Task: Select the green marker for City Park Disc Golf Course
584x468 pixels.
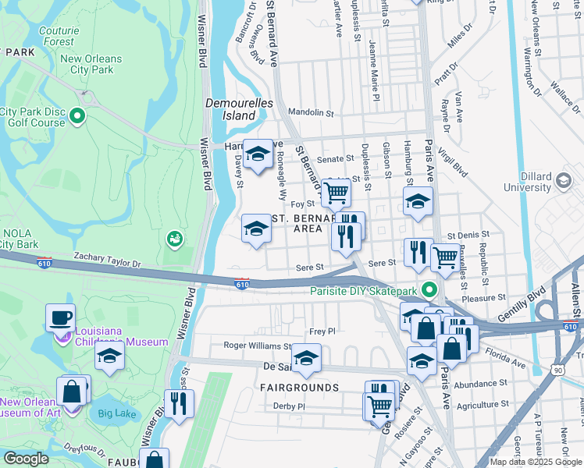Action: [x=77, y=117]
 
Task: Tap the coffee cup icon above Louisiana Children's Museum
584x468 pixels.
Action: [x=60, y=317]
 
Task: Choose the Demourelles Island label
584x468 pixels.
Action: [x=230, y=109]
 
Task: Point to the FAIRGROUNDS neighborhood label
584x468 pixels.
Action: [x=301, y=388]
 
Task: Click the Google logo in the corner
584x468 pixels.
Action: [x=26, y=459]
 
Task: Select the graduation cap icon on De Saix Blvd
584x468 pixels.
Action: [x=307, y=360]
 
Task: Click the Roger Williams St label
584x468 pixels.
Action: [x=258, y=346]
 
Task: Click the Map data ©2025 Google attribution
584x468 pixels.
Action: [x=536, y=462]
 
